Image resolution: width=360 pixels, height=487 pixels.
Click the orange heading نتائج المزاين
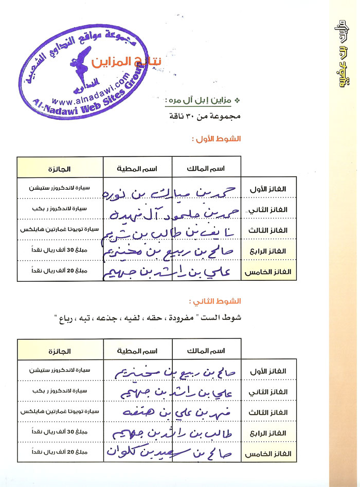(127, 63)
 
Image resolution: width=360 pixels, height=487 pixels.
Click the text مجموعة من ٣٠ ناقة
(204, 116)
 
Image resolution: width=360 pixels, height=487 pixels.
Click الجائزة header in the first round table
(60, 168)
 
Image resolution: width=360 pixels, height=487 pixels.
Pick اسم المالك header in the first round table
(207, 168)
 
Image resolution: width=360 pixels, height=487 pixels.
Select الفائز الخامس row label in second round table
(270, 455)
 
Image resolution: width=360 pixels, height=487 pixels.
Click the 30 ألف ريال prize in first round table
(60, 251)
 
